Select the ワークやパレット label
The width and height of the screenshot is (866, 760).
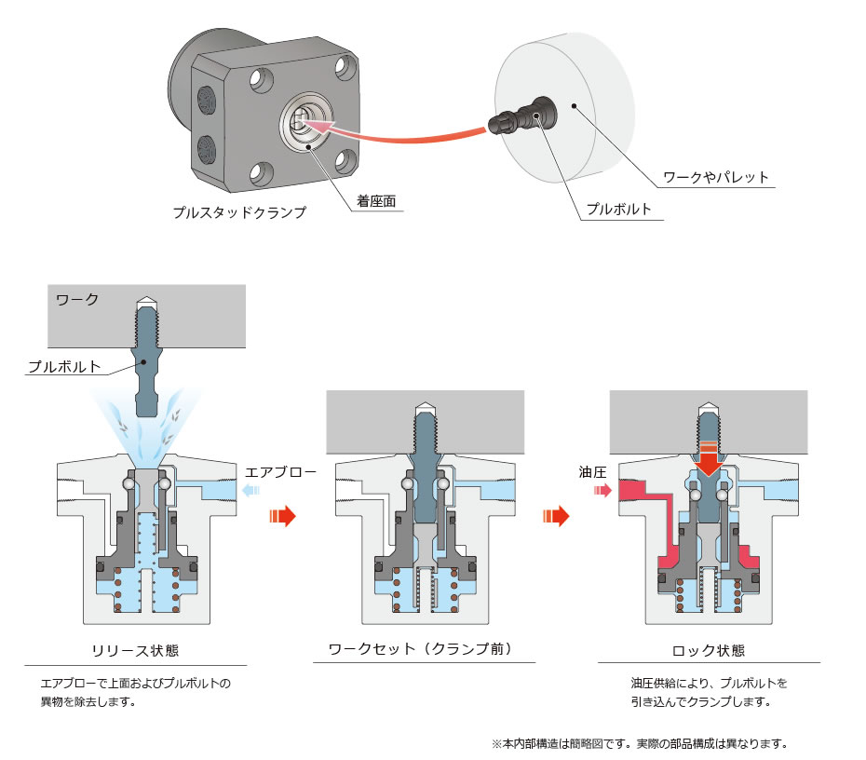click(715, 176)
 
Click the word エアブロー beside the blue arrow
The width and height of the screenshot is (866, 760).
click(280, 472)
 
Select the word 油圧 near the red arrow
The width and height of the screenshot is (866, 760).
click(593, 473)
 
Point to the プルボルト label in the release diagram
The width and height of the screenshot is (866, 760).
click(64, 366)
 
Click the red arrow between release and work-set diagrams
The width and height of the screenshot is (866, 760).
click(281, 515)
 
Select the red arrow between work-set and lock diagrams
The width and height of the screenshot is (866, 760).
click(556, 516)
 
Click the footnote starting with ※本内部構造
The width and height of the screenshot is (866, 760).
click(640, 744)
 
